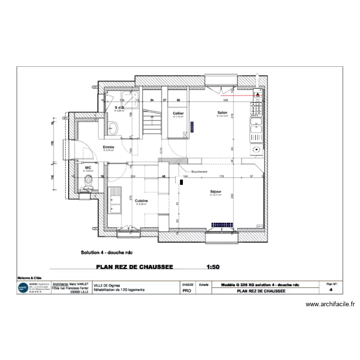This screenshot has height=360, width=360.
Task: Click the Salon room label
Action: pyautogui.click(x=221, y=113)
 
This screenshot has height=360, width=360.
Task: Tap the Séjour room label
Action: pyautogui.click(x=216, y=192)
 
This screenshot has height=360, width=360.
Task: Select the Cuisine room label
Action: pyautogui.click(x=141, y=201)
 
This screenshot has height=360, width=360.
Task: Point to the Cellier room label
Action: pyautogui.click(x=178, y=113)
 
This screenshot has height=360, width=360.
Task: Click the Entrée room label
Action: pyautogui.click(x=108, y=147)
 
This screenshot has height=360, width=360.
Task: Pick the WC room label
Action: pyautogui.click(x=87, y=168)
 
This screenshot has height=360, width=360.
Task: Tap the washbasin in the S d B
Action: pyautogui.click(x=113, y=127)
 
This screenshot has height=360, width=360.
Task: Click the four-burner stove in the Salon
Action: pyautogui.click(x=256, y=110)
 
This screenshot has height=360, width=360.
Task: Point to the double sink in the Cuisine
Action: pyautogui.click(x=115, y=202)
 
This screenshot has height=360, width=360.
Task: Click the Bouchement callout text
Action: pyautogui.click(x=199, y=171)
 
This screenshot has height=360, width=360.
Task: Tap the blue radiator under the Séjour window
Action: pyautogui.click(x=222, y=224)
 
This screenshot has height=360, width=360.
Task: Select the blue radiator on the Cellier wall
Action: pyautogui.click(x=192, y=126)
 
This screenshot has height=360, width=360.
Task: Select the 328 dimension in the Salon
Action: pyautogui.click(x=225, y=100)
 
